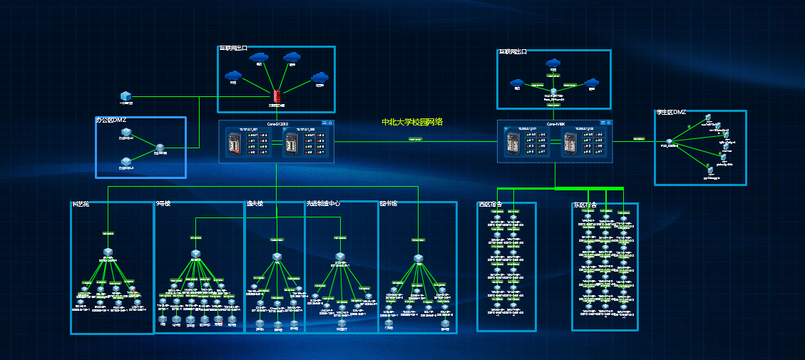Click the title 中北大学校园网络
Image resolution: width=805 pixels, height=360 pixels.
(412, 122)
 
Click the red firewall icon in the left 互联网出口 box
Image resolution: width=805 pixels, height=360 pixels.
(277, 96)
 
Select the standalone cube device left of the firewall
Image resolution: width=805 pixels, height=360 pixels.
(125, 96)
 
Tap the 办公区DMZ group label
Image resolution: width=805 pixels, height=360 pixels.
(111, 120)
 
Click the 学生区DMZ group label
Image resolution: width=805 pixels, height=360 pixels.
(671, 113)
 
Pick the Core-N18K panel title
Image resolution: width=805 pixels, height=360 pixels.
(555, 123)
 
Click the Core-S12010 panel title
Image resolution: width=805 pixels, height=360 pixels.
(277, 123)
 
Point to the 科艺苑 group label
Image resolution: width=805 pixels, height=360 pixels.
(80, 205)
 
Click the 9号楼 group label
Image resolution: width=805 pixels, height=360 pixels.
(163, 204)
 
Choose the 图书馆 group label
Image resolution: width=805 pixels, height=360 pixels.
(389, 204)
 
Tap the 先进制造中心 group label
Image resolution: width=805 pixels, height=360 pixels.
(323, 204)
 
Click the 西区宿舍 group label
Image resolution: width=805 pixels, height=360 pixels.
(490, 205)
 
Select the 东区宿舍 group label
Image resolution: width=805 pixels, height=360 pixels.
(585, 205)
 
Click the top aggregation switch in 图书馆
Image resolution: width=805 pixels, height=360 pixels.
(418, 259)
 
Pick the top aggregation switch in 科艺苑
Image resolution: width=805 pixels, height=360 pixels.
(108, 252)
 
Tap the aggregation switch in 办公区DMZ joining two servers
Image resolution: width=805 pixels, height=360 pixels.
(160, 149)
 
